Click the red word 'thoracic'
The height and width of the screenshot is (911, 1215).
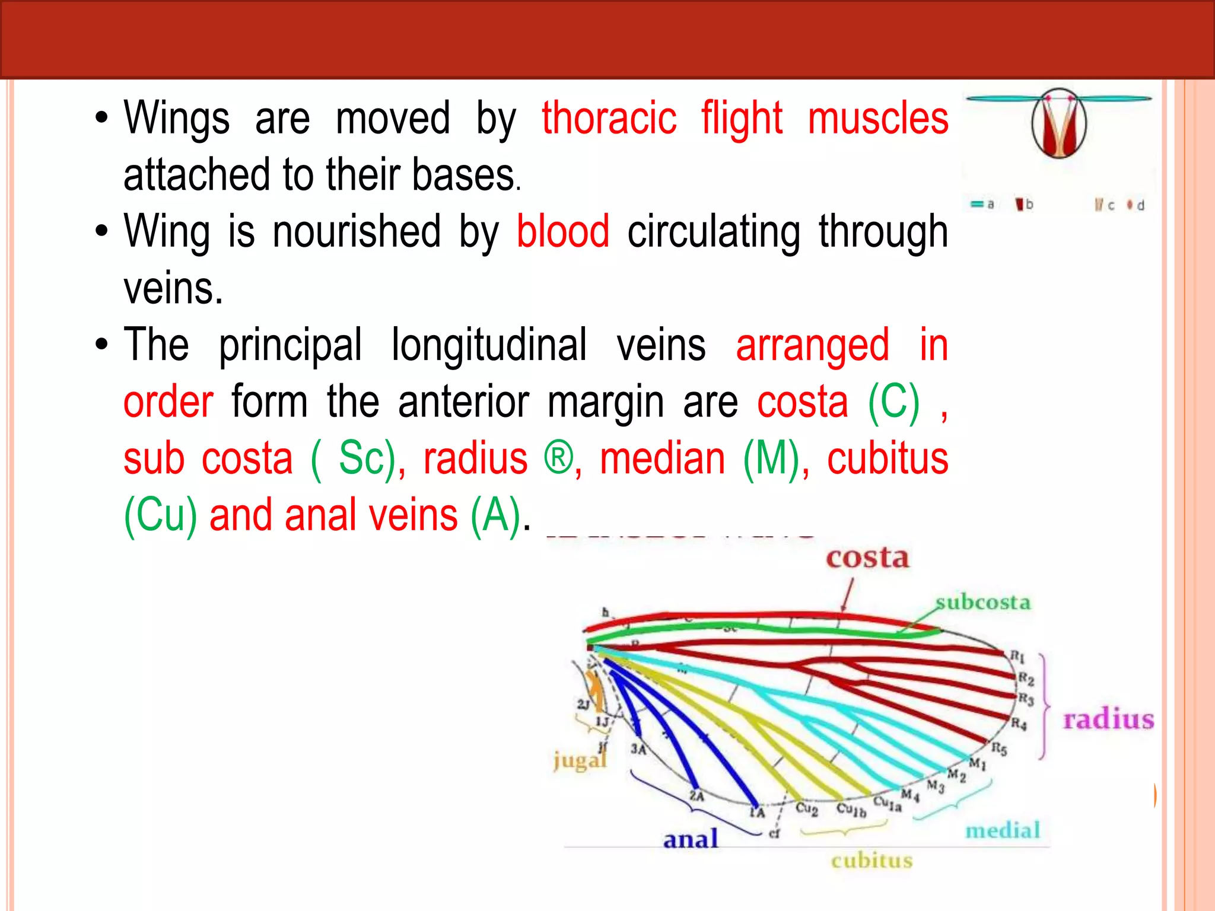(609, 119)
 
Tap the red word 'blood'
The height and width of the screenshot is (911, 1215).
(562, 231)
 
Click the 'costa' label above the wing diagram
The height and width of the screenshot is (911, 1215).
(867, 558)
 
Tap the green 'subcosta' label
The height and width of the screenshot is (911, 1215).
(983, 603)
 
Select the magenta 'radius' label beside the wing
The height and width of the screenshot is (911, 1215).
(1108, 719)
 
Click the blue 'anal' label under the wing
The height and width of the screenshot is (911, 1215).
(691, 839)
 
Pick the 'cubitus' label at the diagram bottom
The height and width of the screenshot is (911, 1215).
(872, 861)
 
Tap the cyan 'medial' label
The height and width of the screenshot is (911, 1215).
(1003, 830)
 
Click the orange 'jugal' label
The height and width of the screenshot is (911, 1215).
(580, 760)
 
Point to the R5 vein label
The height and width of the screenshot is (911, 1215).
(999, 749)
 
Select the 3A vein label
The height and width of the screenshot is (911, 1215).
(638, 749)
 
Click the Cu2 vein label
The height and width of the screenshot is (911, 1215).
(807, 808)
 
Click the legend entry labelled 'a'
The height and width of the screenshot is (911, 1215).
(982, 205)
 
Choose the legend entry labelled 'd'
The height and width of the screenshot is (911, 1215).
(1136, 205)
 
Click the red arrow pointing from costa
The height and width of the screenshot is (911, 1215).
(848, 595)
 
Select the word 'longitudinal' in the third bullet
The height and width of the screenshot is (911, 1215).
(489, 345)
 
